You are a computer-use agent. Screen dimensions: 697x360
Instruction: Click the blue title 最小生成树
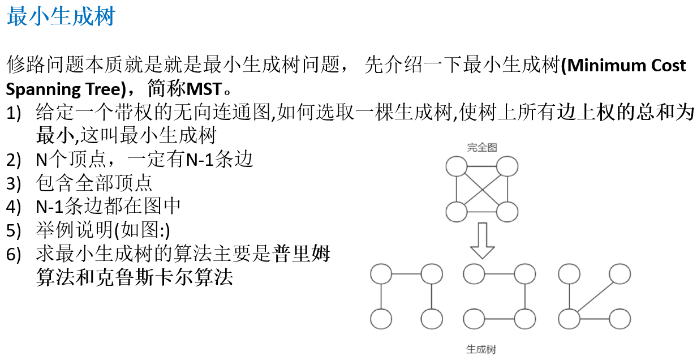click(61, 16)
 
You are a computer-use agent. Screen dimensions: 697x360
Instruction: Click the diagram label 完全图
click(481, 148)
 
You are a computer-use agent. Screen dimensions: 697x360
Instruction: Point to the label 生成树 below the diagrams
click(481, 349)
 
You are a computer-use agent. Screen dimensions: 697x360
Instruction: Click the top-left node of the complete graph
click(457, 166)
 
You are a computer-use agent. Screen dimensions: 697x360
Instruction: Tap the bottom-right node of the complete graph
click(507, 212)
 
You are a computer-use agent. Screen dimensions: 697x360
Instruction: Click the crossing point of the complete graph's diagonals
click(482, 189)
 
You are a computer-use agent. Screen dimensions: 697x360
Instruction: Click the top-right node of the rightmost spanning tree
click(619, 274)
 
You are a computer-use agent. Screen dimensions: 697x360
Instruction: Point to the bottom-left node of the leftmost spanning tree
click(381, 318)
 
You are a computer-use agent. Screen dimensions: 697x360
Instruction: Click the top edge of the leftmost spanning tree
click(406, 275)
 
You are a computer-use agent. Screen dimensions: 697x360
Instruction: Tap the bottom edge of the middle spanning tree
click(500, 319)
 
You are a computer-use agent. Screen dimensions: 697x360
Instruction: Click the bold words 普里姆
click(302, 254)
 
